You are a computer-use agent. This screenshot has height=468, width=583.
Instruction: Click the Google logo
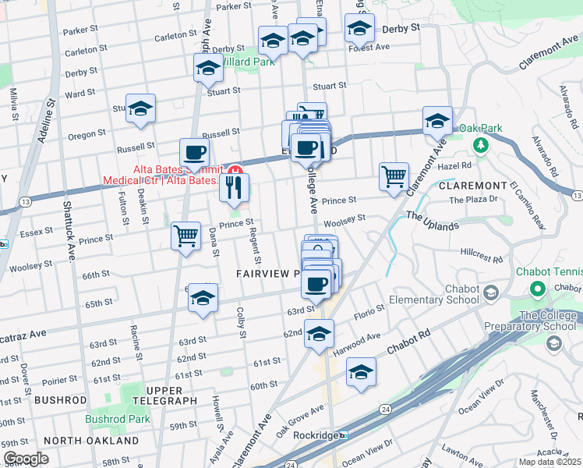pyautogui.click(x=26, y=459)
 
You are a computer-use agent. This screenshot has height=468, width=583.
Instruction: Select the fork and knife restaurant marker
pyautogui.click(x=235, y=187)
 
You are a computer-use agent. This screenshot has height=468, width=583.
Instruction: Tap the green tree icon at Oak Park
pyautogui.click(x=482, y=144)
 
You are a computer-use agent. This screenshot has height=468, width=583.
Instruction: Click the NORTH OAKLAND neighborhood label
pyautogui.click(x=91, y=441)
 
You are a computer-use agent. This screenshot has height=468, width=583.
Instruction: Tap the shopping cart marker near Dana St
pyautogui.click(x=186, y=235)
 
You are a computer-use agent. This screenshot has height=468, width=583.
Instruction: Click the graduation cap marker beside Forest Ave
pyautogui.click(x=359, y=29)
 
